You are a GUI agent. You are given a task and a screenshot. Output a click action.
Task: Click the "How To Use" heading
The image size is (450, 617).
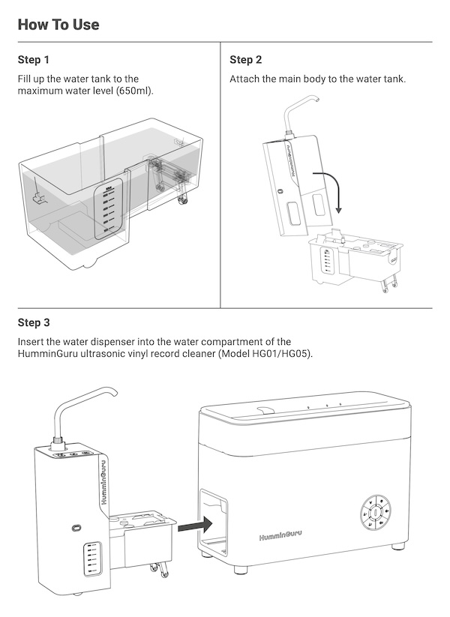pos(58,24)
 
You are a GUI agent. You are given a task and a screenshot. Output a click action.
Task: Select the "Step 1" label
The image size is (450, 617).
pos(34,59)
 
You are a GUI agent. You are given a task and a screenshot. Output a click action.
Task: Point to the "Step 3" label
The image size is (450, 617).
pos(34,323)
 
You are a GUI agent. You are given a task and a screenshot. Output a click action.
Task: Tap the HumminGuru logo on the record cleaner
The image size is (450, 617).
pos(280,537)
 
